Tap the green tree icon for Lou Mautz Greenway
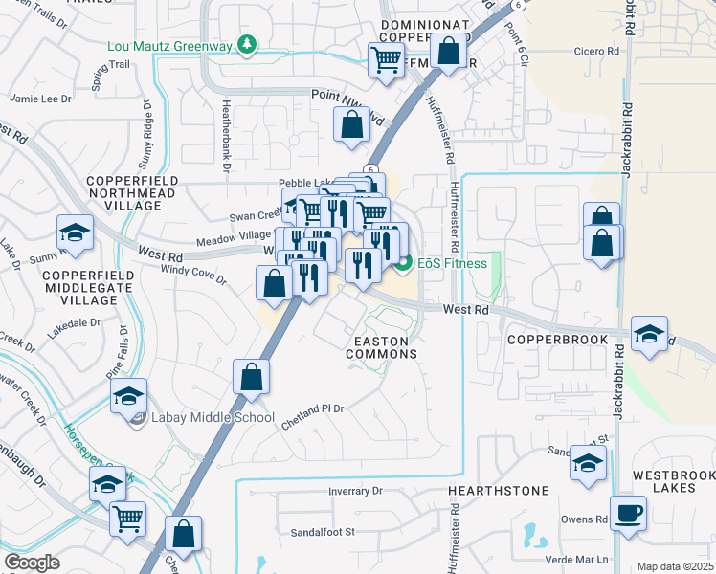pos(247,45)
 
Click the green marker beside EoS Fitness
pos(404,263)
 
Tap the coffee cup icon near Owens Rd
pos(629,513)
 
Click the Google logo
pos(32,563)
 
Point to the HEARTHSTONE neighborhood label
pos(499,491)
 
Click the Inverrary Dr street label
pos(354,491)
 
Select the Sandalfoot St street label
pos(324,531)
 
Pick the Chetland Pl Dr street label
pos(312,409)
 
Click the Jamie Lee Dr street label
pos(40,99)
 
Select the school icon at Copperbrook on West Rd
pos(650,334)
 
